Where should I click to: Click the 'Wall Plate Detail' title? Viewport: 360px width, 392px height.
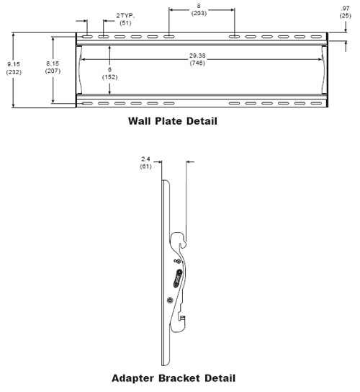coord(173,121)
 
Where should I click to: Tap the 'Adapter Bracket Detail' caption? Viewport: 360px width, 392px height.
coord(174,378)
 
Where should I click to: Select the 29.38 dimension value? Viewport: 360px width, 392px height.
coord(197,55)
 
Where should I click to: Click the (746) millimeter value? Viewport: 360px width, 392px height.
coord(197,63)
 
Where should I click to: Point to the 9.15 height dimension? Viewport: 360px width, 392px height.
coord(14,64)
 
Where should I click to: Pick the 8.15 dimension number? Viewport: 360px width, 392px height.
coord(53,63)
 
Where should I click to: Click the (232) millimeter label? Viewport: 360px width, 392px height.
coord(14,72)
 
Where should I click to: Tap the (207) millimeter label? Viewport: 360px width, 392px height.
coord(53,71)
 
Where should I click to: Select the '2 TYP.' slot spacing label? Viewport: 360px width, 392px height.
coord(125,16)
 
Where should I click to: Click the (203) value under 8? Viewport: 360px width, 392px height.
coord(199,13)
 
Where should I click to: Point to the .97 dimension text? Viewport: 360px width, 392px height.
coord(346,9)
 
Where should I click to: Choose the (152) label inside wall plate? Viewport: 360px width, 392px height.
coord(109,77)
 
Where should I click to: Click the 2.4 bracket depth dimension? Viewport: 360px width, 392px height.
coord(145,159)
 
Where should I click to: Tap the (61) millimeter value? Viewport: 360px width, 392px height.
coord(145,166)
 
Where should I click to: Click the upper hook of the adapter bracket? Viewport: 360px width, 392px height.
coord(181,239)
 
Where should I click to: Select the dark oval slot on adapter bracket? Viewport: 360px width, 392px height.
coord(178,278)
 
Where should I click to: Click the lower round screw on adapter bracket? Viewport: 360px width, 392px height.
coord(170,300)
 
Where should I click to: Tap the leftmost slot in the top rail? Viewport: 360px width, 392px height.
coord(87,37)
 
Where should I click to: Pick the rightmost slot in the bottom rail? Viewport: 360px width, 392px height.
coord(316,103)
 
